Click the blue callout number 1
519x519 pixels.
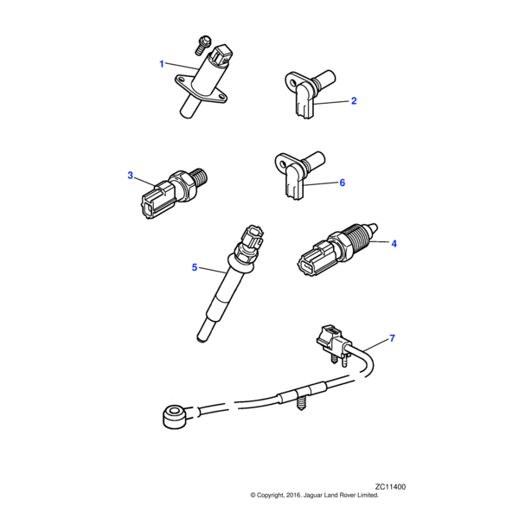[162, 64]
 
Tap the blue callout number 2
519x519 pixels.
[354, 100]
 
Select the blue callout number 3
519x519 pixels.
[131, 176]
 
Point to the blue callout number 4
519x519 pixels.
[394, 244]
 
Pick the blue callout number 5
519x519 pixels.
[195, 267]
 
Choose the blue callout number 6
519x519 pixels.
[343, 183]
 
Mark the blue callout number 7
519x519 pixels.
[392, 338]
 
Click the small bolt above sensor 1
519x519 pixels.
[201, 46]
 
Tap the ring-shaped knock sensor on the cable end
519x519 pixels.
[175, 417]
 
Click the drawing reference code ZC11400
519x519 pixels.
[390, 487]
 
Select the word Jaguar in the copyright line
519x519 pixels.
[313, 495]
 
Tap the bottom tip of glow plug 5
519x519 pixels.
[202, 338]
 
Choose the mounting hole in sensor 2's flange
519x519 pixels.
[292, 81]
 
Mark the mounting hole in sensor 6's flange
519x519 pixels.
[282, 163]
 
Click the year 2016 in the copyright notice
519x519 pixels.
[293, 495]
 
